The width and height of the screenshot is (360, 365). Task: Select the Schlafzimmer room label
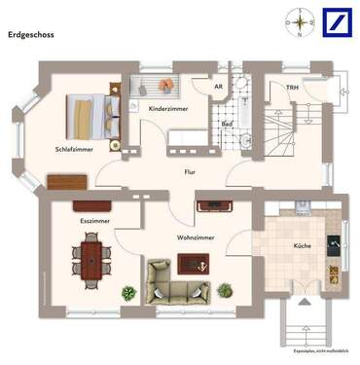coord(74,149)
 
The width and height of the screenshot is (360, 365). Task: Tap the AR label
coord(221,87)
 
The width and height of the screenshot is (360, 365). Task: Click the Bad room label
coord(226,125)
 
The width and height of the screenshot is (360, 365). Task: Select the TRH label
coord(291,88)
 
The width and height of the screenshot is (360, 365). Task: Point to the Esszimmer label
coord(95,222)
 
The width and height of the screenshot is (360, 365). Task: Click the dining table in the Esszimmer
coord(90,260)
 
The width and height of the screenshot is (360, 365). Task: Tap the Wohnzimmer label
coord(196,237)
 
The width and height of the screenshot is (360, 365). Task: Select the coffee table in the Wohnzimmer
coord(192,261)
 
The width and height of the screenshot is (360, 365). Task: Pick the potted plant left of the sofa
coord(128,291)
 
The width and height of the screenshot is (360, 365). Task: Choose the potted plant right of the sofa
coord(225,289)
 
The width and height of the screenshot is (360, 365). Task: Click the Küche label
coord(302,246)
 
